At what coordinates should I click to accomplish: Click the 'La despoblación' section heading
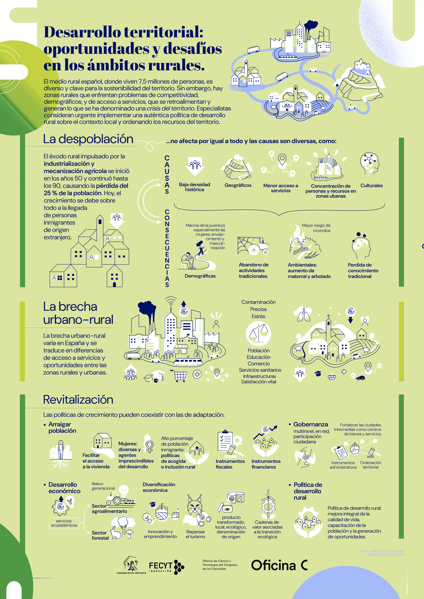[88, 139]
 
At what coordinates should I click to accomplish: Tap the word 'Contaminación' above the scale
[258, 302]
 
